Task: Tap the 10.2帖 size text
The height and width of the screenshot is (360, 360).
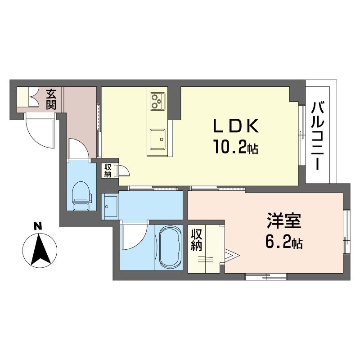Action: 235,147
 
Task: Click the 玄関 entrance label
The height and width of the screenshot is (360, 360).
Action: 51,99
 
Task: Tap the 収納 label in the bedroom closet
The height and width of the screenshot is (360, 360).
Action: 196,240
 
